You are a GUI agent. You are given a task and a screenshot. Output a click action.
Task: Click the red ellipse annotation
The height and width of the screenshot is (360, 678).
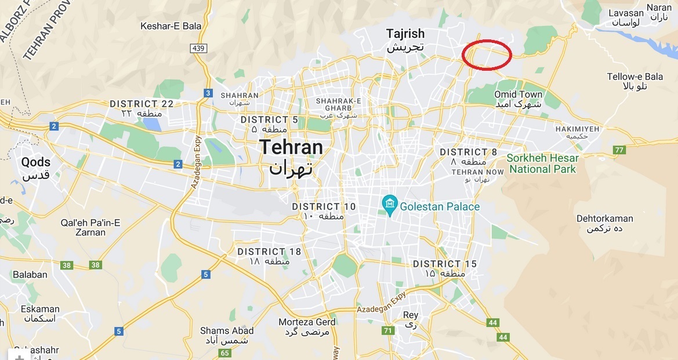(x=487, y=54)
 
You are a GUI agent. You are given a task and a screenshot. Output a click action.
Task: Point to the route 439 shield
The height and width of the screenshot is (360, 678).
(x=198, y=48)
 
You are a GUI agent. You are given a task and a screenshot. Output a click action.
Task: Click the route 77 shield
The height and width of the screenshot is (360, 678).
(x=619, y=150)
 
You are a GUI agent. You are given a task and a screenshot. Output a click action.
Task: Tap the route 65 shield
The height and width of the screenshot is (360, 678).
(x=225, y=352)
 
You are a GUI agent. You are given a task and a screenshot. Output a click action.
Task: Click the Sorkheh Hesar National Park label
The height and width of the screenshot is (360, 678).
(x=542, y=163)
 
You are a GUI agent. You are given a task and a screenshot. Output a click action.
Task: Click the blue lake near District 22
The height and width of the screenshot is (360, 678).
(x=152, y=123)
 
